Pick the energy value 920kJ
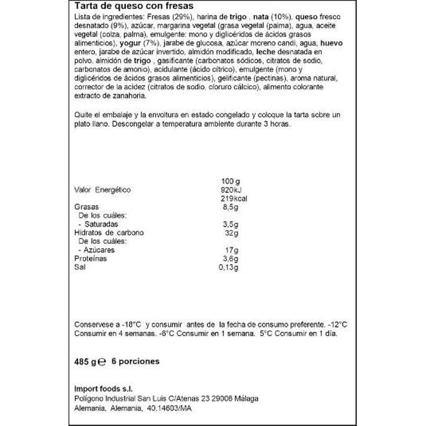(230, 190)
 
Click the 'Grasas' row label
(87, 207)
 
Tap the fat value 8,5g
(230, 207)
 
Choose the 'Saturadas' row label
(101, 224)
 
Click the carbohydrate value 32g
(232, 232)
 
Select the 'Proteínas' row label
(91, 258)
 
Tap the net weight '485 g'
(84, 361)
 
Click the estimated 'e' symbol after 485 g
(101, 362)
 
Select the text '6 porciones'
(134, 361)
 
